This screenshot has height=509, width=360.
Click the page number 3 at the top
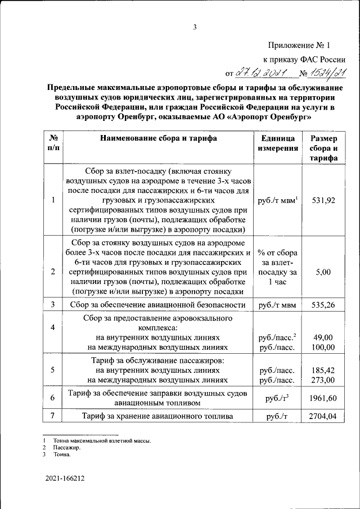point(195,26)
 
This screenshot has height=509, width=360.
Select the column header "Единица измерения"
point(277,143)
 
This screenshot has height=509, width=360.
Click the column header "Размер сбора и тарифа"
point(323,148)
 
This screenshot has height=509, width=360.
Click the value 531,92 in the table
point(323,200)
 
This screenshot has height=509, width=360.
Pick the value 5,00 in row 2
point(323,272)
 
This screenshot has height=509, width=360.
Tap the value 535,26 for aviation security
point(323,305)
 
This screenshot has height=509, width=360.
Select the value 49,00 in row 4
point(323,337)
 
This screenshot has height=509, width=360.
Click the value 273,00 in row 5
point(323,380)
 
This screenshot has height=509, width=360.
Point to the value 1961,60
point(323,398)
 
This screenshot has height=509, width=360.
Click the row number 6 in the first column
point(52,398)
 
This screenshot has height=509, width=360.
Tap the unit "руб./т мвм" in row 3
point(277,305)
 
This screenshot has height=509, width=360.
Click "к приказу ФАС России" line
point(304,59)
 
